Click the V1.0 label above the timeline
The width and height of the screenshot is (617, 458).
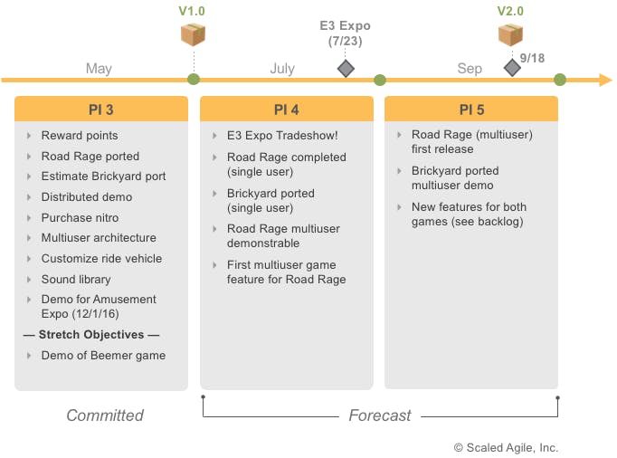[x=193, y=11]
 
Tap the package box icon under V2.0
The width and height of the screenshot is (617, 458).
[x=510, y=34]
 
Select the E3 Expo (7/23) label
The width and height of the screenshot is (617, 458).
[x=345, y=33]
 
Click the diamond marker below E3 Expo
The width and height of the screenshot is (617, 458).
[x=345, y=69]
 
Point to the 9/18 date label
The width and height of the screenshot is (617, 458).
[x=532, y=57]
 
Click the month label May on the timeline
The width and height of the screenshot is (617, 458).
[x=99, y=69]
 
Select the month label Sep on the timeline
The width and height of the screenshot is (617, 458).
[x=470, y=69]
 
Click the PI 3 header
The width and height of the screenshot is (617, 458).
[x=101, y=110]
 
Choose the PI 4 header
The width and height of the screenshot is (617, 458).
[x=286, y=110]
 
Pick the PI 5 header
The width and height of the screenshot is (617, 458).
[x=471, y=110]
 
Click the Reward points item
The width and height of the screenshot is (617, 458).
[x=80, y=136]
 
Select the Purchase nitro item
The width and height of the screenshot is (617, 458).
[x=80, y=217]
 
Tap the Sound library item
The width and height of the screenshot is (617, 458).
[x=76, y=279]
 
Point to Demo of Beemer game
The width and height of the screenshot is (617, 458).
[x=103, y=356]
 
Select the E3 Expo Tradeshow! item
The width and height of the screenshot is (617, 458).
[x=282, y=136]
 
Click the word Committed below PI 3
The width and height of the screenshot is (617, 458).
[x=105, y=415]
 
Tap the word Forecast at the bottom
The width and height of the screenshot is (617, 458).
[x=380, y=415]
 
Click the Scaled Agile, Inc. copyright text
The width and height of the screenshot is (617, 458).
[x=506, y=447]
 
